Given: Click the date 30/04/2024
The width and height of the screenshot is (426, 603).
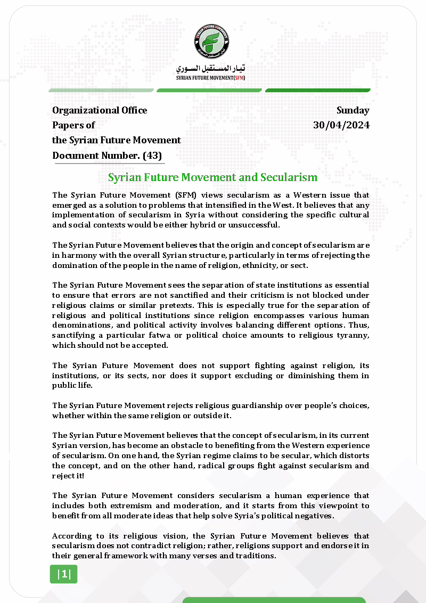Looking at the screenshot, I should (341, 126).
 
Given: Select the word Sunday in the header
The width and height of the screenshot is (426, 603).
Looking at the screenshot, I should (353, 111).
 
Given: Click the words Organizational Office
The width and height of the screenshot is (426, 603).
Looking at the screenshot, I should (100, 111).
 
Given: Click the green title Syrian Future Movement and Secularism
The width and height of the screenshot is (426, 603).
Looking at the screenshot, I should (212, 177).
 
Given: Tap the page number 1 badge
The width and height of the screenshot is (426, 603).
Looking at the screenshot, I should (63, 574).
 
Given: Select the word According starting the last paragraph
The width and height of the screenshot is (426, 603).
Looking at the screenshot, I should (70, 536).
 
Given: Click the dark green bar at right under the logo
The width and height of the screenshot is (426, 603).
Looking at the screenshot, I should (318, 91).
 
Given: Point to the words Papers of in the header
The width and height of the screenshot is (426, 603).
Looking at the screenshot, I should (73, 126).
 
